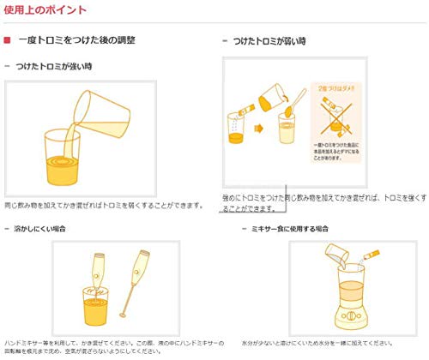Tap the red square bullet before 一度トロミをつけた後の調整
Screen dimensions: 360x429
click(8, 40)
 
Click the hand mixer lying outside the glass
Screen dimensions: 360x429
click(138, 273)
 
